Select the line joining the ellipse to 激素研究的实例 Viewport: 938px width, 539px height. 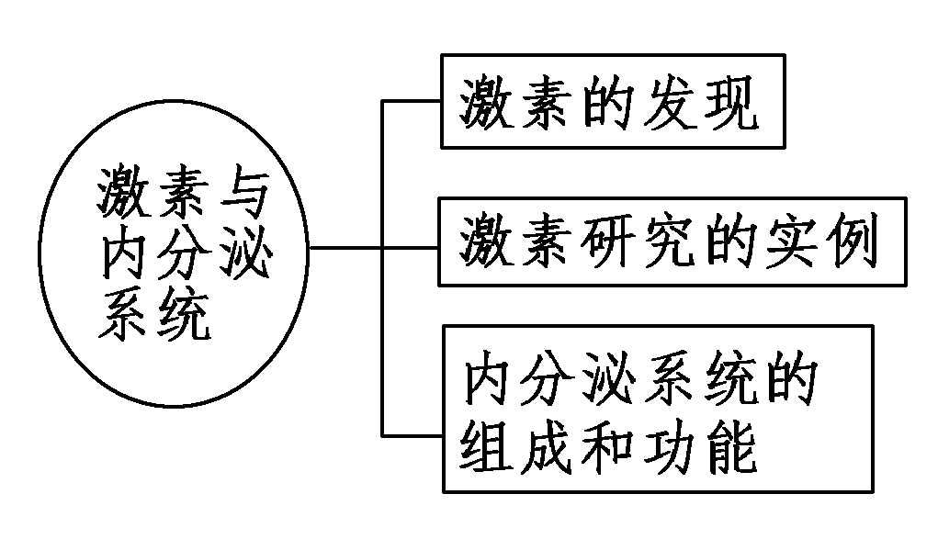coord(367,248)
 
